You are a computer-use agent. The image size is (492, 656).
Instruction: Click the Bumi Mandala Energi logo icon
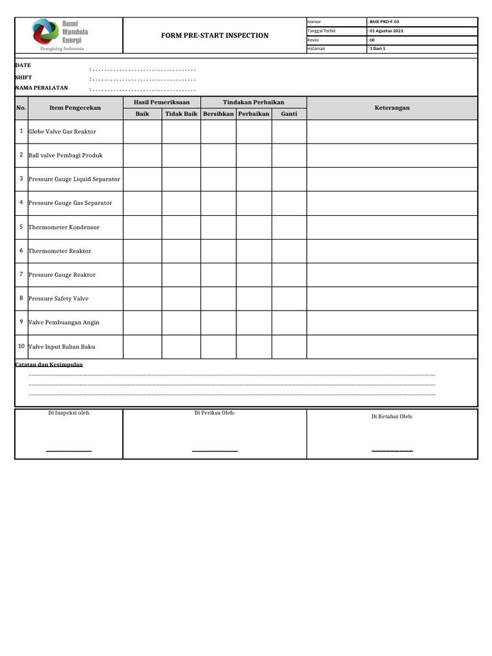(45, 32)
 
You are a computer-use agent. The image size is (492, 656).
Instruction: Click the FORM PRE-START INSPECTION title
(215, 35)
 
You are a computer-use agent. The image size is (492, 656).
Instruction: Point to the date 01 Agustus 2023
(386, 31)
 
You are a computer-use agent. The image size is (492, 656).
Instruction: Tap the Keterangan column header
(391, 108)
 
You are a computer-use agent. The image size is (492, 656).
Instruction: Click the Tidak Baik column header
(181, 113)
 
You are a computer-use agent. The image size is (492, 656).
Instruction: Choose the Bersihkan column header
(218, 113)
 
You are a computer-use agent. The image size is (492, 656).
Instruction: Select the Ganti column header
(289, 113)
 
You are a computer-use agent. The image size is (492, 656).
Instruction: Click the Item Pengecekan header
(75, 108)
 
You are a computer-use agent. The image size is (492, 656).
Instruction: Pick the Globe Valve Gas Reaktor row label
(62, 132)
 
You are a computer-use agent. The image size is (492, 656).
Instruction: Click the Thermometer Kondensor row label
(64, 227)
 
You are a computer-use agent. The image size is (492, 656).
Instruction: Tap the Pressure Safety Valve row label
(58, 299)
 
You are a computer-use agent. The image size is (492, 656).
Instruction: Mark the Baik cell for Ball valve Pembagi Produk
(142, 156)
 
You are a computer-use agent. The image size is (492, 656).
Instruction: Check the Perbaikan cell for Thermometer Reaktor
(254, 251)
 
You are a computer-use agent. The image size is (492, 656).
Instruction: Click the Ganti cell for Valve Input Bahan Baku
(289, 347)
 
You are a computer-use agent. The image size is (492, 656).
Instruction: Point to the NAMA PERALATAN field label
(42, 88)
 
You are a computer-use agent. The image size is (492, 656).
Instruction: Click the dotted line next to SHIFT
(143, 78)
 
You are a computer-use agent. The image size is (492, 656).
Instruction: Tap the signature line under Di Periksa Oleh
(215, 451)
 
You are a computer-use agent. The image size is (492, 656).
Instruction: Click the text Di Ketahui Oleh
(392, 416)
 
